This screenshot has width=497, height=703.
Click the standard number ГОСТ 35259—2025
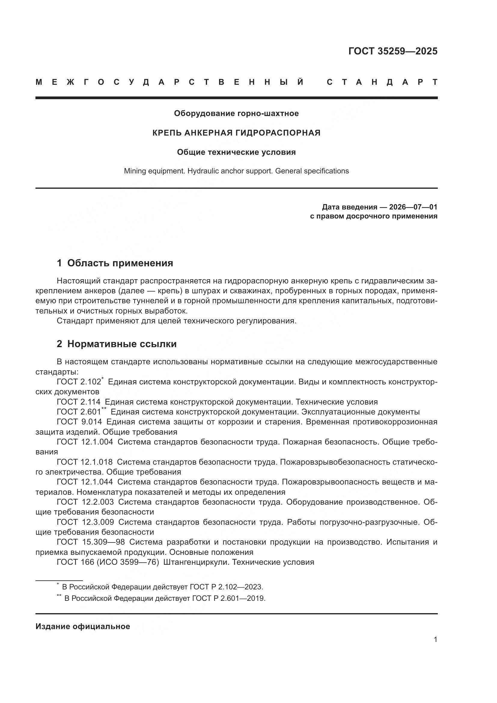point(393,51)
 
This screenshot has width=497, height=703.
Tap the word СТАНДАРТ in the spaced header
point(382,82)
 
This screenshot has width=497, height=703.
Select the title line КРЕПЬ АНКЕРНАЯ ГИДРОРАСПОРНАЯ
point(236,133)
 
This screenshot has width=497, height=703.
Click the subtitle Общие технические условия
point(236,152)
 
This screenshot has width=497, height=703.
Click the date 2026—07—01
point(413,207)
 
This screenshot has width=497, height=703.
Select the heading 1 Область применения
point(115,263)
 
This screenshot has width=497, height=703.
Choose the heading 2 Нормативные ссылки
point(117,344)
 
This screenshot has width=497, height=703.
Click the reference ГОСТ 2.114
point(79,402)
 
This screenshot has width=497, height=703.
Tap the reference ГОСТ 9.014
point(79,422)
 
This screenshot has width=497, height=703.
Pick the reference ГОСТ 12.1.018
point(84,462)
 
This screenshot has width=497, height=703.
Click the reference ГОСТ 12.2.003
point(85,502)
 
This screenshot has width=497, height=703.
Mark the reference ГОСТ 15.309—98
point(90,542)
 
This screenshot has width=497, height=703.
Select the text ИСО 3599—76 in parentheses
point(128,562)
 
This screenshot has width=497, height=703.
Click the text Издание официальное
point(83,627)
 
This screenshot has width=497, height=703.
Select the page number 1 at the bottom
point(435,640)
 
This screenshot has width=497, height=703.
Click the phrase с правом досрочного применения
point(374,216)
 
